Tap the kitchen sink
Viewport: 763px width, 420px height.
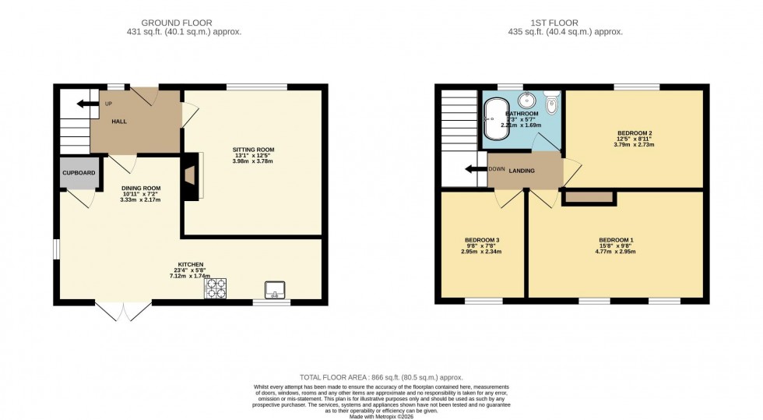pyautogui.click(x=276, y=291)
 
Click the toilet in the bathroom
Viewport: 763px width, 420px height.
pyautogui.click(x=552, y=104)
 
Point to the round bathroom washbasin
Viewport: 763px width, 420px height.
pyautogui.click(x=527, y=100)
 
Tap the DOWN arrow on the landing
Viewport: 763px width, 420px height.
pyautogui.click(x=476, y=171)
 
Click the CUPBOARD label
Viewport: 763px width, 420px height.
pyautogui.click(x=79, y=173)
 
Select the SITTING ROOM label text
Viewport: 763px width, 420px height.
pyautogui.click(x=254, y=150)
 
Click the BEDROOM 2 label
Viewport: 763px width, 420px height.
pyautogui.click(x=634, y=132)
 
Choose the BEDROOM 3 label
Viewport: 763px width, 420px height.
pyautogui.click(x=481, y=240)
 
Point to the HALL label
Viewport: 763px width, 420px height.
pyautogui.click(x=118, y=122)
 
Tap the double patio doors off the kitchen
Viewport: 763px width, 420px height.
pyautogui.click(x=123, y=311)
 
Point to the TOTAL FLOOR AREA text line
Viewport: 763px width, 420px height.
pyautogui.click(x=381, y=376)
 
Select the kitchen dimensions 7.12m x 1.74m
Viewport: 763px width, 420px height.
pyautogui.click(x=190, y=277)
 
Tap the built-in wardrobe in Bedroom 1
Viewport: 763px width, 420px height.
pyautogui.click(x=588, y=198)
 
